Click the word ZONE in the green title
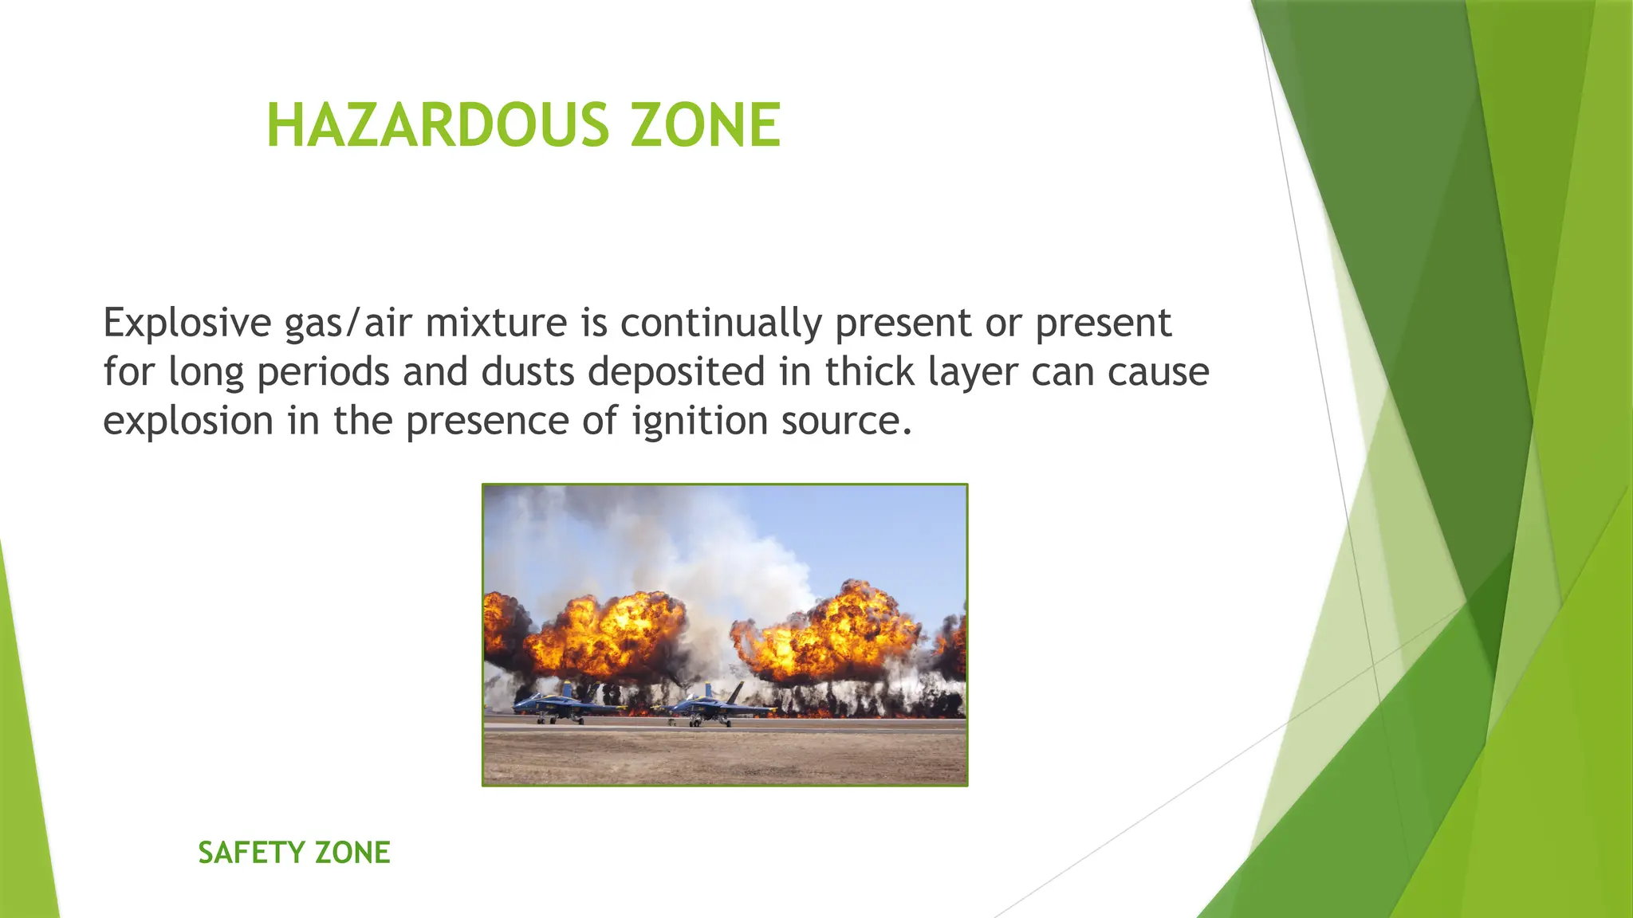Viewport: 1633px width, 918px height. [705, 126]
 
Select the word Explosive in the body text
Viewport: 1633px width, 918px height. [187, 323]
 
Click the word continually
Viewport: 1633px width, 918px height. [721, 323]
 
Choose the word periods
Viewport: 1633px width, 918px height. [323, 373]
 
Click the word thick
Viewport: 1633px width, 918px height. [869, 371]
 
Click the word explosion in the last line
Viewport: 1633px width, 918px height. [188, 421]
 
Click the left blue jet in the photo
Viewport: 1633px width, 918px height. [558, 704]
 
